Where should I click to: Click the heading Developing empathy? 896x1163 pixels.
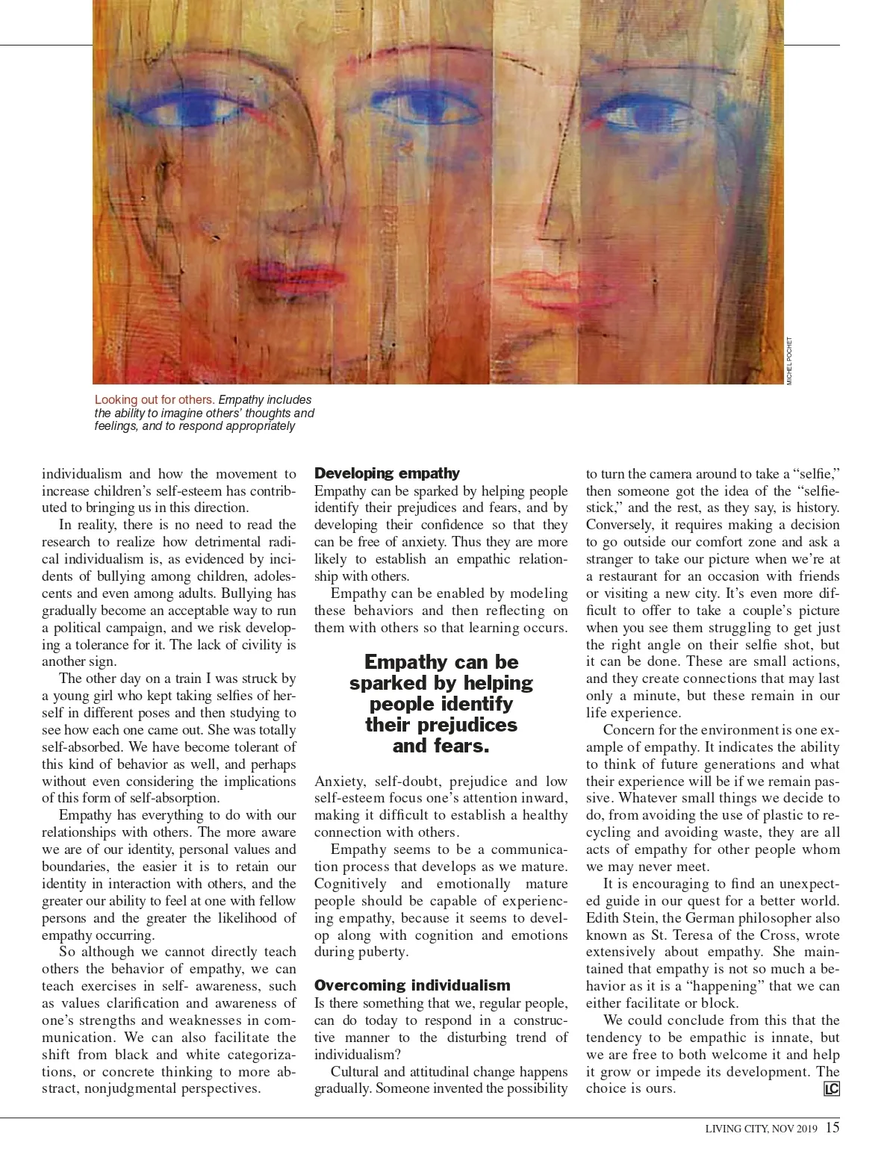click(x=387, y=473)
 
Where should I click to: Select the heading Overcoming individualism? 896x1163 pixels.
click(x=412, y=985)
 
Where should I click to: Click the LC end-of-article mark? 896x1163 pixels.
click(x=831, y=1089)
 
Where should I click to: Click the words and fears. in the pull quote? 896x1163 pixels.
click(x=441, y=746)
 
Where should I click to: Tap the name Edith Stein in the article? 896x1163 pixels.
click(x=618, y=918)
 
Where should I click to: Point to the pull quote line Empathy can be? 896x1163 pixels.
click(x=441, y=662)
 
